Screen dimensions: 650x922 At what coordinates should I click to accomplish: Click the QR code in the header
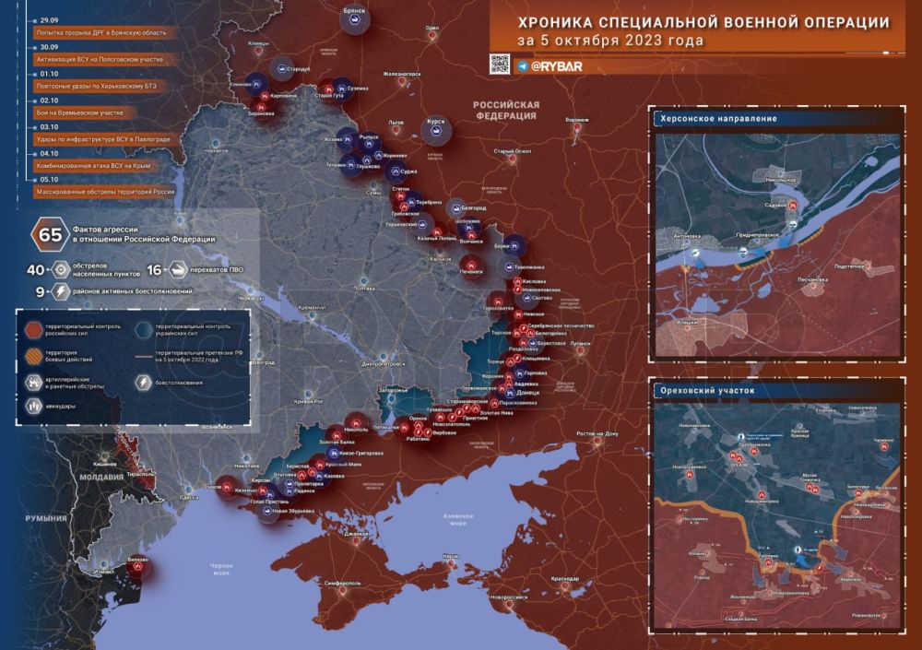pos(499,64)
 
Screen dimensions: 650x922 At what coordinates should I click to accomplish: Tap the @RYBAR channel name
pos(549,65)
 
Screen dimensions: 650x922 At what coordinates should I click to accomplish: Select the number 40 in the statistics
pos(37,269)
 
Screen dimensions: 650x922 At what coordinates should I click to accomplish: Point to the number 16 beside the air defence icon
pos(154,269)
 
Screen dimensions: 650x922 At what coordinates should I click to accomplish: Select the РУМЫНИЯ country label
pos(43,520)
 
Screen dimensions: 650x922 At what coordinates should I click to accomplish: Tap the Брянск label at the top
pos(354,9)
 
